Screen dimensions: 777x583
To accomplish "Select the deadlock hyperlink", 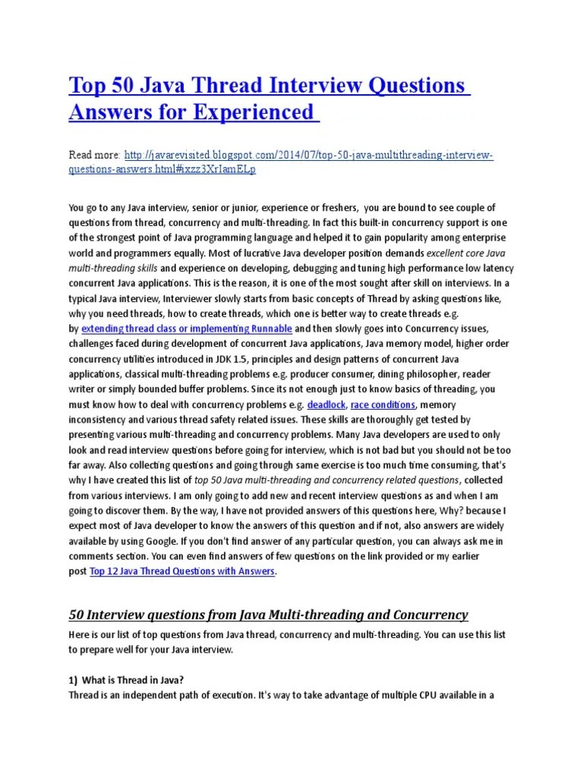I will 326,404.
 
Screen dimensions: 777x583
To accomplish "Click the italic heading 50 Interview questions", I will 268,614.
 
